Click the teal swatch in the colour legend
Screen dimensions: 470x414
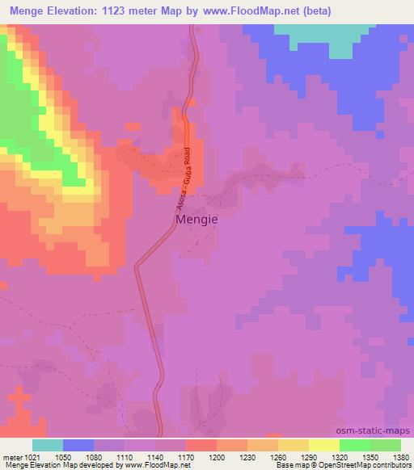[x=48, y=445]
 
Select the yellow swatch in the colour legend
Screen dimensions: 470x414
[x=323, y=445]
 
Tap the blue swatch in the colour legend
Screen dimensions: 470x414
[x=78, y=445]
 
